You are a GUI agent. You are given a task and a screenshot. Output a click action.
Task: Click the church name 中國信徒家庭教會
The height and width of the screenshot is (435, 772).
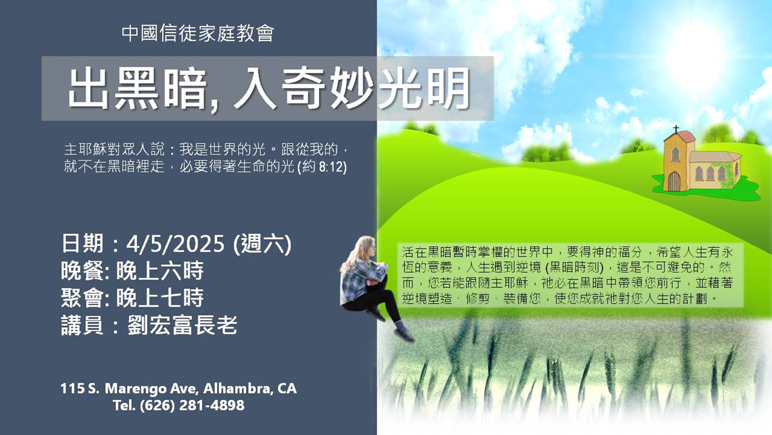click(198, 33)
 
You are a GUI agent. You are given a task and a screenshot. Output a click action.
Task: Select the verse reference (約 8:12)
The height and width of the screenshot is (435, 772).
click(322, 166)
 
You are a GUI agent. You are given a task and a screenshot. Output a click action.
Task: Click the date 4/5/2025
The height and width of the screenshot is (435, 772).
click(175, 244)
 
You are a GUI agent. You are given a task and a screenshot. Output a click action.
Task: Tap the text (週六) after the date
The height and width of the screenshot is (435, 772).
click(262, 244)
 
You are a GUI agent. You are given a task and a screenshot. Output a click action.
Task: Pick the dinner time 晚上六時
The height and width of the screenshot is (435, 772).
click(160, 271)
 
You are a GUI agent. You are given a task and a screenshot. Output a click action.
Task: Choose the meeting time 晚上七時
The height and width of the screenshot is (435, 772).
click(160, 298)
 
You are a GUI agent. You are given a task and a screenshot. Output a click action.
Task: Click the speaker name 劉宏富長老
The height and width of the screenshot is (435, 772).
click(182, 326)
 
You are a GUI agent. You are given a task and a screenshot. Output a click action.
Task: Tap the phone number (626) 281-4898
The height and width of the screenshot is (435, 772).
click(192, 405)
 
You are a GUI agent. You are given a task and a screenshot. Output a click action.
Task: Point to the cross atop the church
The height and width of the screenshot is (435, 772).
click(675, 129)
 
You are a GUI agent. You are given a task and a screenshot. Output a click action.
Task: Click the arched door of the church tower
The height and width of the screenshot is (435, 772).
click(674, 181)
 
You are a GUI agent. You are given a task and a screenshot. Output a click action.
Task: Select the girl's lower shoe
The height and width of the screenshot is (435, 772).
click(404, 335)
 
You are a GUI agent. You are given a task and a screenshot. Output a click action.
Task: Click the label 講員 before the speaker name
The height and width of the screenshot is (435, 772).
click(82, 326)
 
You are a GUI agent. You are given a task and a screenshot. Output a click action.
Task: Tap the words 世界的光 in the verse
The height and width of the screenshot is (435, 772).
click(237, 149)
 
